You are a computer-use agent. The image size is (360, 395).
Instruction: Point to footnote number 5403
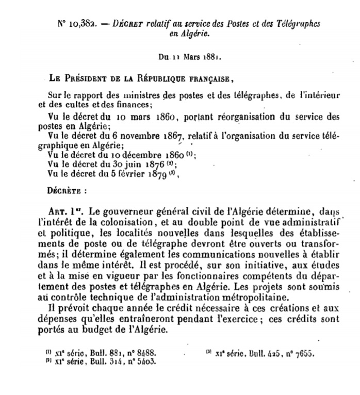[x=144, y=362]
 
